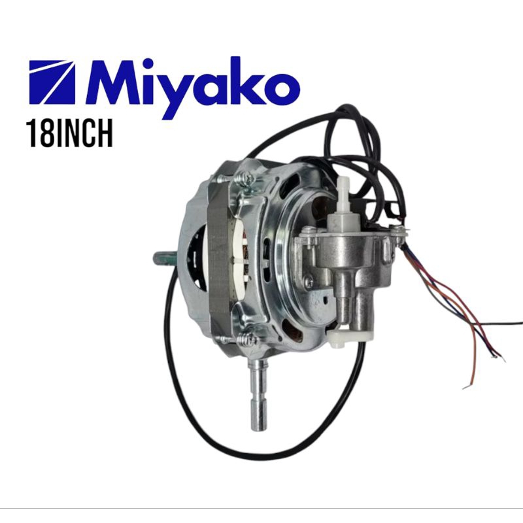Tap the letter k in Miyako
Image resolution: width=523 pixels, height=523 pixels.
[245, 80]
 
